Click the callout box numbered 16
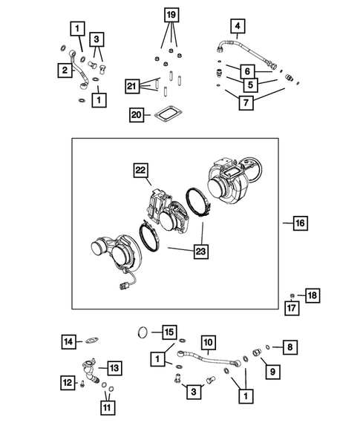tap(298, 223)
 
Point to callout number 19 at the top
tap(171, 15)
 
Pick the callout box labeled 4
tap(237, 29)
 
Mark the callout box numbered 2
tap(65, 70)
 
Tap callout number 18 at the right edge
tap(312, 295)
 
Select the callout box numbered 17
tap(293, 307)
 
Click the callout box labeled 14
tap(68, 341)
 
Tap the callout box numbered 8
tap(290, 346)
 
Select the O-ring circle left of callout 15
tap(143, 331)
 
